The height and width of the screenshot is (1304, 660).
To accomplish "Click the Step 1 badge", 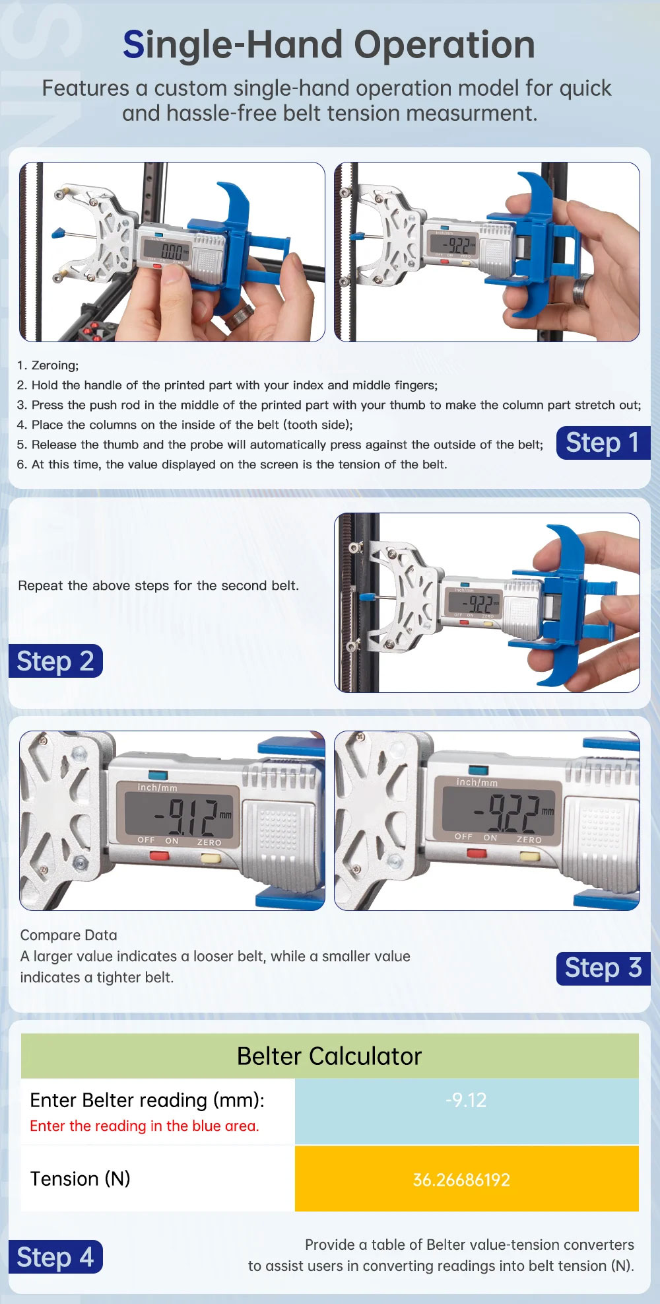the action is [x=603, y=443].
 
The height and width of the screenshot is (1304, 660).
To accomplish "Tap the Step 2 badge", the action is [x=55, y=661].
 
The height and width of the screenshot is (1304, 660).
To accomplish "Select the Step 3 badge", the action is [x=603, y=968].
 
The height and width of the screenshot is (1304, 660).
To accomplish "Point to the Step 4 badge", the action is [x=55, y=1256].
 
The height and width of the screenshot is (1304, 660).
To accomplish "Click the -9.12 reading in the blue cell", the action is [x=466, y=1100].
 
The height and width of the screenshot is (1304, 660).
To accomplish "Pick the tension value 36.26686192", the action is [x=461, y=1180].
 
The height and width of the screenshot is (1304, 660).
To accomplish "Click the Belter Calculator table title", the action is [x=329, y=1056].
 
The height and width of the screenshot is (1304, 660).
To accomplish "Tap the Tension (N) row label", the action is [x=81, y=1178].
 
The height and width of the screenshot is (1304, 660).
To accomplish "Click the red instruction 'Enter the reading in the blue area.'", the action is [x=145, y=1126].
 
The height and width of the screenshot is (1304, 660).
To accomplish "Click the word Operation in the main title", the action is [x=444, y=45].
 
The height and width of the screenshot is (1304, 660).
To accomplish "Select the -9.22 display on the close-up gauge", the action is [x=506, y=813].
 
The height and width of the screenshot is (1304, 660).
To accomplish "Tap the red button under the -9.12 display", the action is [x=159, y=856].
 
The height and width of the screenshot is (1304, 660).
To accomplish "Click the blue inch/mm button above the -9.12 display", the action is [x=158, y=775].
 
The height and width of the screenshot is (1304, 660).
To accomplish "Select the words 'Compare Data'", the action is [x=69, y=935].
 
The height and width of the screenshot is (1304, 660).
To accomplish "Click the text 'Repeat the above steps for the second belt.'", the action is [x=158, y=585].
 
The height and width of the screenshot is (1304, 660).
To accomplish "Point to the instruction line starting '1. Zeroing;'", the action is [x=48, y=365].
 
